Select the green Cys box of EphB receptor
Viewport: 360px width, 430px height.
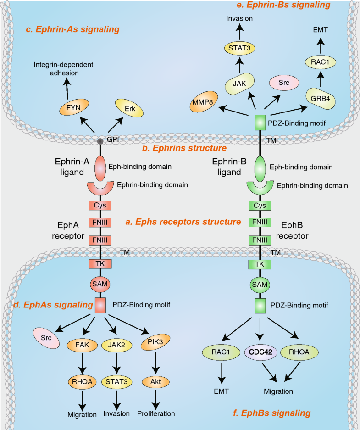(x=260, y=205)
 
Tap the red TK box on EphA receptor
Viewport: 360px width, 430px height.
(x=100, y=264)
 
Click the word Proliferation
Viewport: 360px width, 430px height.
(x=156, y=413)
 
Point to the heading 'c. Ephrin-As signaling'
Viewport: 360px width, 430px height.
(x=72, y=29)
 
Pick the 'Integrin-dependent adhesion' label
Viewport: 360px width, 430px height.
(x=63, y=68)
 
